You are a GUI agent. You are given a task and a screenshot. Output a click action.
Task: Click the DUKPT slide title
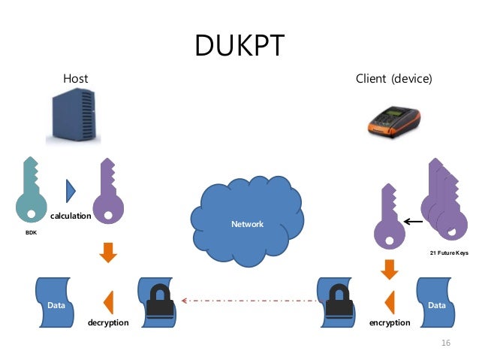[239, 45]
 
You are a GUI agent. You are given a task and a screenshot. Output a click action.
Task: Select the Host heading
[75, 78]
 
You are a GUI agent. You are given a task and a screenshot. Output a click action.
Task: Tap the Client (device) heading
[394, 78]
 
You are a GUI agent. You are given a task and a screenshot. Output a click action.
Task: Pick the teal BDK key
[31, 192]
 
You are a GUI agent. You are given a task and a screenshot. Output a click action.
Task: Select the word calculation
[71, 216]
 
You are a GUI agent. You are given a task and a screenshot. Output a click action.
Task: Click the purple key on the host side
[108, 195]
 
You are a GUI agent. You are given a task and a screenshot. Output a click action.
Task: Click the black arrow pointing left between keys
[412, 221]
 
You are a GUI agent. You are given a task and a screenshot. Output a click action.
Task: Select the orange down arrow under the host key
[108, 253]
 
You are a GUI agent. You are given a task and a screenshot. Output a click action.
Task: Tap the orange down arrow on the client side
[390, 268]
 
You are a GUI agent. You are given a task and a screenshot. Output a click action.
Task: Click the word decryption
[108, 322]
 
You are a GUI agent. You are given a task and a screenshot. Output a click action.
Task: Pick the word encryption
[390, 322]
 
